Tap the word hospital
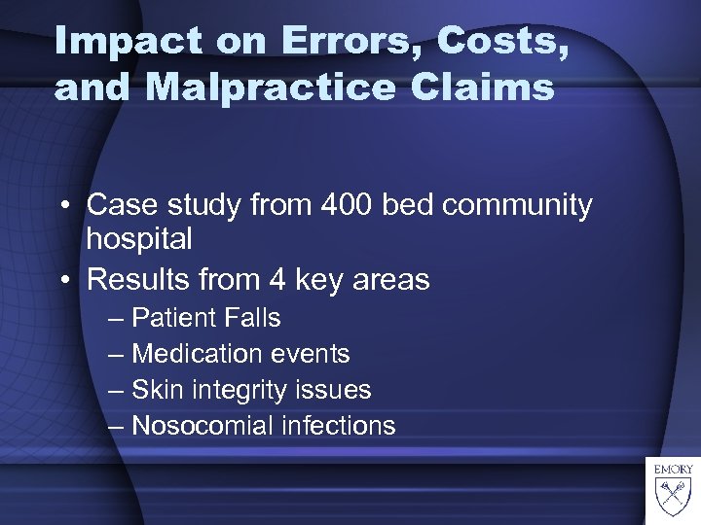pyautogui.click(x=139, y=238)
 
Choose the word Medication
pyautogui.click(x=197, y=354)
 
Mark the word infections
pyautogui.click(x=340, y=426)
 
